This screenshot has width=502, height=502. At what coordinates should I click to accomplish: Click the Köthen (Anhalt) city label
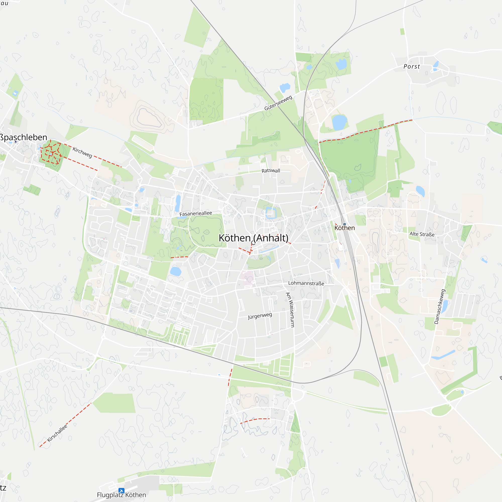[x=253, y=238]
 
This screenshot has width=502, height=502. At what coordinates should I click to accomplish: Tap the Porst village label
[x=412, y=67]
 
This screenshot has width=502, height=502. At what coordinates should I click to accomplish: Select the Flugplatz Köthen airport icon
[x=121, y=490]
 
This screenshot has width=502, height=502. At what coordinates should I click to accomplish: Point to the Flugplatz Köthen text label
[x=121, y=495]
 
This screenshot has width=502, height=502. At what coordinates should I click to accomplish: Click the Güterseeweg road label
[x=278, y=103]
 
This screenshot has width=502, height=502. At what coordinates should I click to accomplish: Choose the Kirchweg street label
[x=82, y=152]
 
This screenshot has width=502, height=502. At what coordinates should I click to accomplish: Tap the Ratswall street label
[x=271, y=171]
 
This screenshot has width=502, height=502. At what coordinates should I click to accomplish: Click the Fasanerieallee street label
[x=196, y=214]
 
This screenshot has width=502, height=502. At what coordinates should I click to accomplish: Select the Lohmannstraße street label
[x=306, y=283]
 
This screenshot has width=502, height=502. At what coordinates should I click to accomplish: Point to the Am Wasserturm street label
[x=290, y=309]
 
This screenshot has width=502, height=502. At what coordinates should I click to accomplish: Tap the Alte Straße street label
[x=422, y=234]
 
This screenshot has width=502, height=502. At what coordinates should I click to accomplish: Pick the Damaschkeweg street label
[x=440, y=307]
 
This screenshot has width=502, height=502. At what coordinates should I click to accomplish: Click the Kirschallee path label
[x=57, y=433]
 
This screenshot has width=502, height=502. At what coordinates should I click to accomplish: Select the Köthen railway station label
[x=345, y=228]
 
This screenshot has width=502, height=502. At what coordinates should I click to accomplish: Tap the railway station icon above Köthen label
[x=345, y=224]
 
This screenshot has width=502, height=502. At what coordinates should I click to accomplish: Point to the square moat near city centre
[x=271, y=213]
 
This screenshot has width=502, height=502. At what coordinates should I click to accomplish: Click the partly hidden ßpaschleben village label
[x=23, y=137]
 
